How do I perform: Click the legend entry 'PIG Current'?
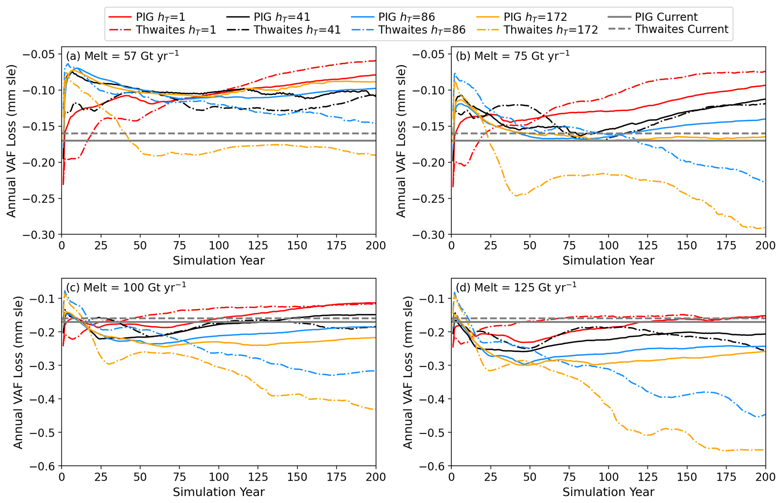[x=666, y=17]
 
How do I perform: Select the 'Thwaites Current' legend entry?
[x=681, y=29]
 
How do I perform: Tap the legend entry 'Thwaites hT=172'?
[x=550, y=30]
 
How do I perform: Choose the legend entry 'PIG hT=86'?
[x=406, y=17]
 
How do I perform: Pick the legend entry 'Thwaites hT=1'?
[x=176, y=30]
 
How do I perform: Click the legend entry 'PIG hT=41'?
[x=281, y=17]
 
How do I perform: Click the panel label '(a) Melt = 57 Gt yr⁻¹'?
[x=122, y=56]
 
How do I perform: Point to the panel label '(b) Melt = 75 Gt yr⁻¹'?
[x=512, y=56]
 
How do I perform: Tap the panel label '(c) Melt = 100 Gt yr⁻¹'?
[x=126, y=287]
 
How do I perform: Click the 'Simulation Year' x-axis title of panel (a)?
[x=219, y=261]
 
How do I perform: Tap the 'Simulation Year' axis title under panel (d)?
[x=608, y=492]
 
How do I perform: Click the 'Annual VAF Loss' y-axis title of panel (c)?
[x=18, y=372]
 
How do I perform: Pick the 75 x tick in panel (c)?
[x=179, y=477]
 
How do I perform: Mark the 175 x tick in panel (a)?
[x=336, y=246]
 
